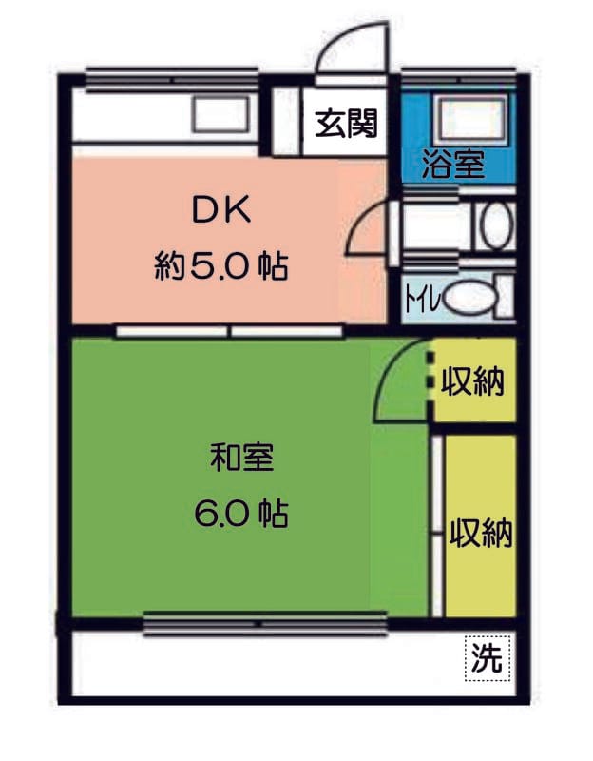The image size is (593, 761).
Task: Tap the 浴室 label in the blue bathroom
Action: tap(453, 165)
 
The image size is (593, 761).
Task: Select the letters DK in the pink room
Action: tap(221, 211)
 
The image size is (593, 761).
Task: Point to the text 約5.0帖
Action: tap(221, 266)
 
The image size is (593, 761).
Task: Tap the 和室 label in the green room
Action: tap(241, 459)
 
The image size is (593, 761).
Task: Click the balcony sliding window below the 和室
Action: tap(265, 624)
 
